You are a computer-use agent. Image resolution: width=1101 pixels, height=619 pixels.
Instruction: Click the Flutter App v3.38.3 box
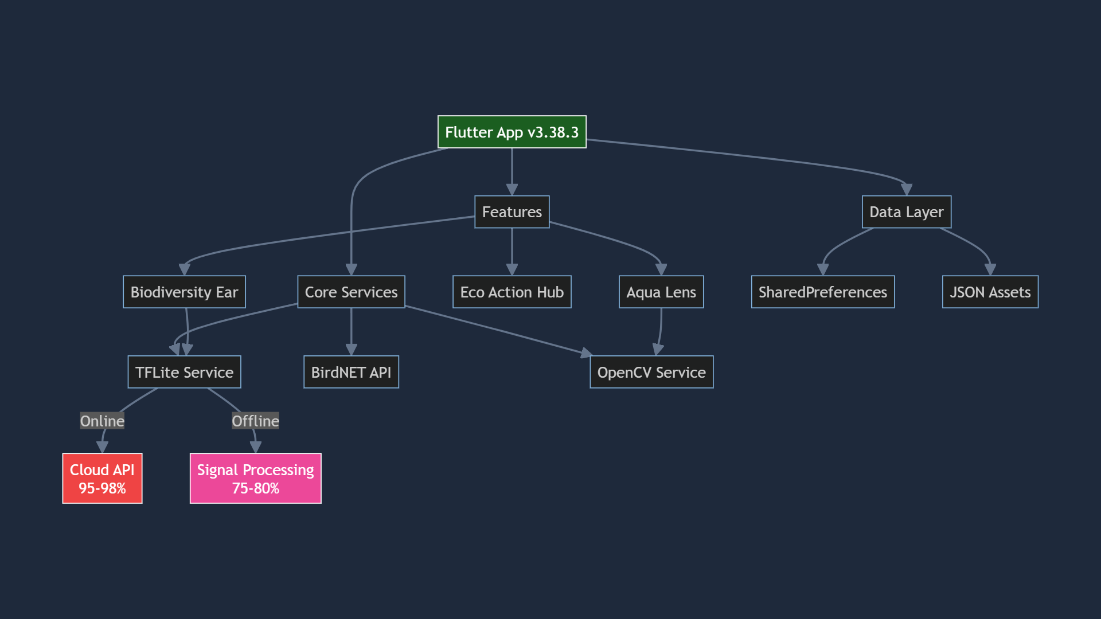(x=512, y=132)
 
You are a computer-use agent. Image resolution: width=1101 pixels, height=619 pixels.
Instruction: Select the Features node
(x=512, y=212)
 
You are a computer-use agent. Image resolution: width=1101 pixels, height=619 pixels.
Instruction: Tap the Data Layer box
(x=906, y=212)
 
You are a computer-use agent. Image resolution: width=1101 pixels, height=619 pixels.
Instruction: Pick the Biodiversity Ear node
(x=184, y=292)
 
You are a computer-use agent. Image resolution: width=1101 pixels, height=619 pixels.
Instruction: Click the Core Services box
(x=351, y=292)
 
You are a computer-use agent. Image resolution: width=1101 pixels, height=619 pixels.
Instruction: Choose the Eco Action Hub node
(x=512, y=292)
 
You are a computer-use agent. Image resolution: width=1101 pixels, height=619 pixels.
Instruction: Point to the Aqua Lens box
(x=661, y=292)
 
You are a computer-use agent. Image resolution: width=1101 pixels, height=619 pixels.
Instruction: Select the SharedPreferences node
(x=822, y=292)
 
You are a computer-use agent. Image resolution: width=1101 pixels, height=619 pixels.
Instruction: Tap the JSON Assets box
(x=990, y=292)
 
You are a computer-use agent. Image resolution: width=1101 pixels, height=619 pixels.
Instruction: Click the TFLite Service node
(x=184, y=373)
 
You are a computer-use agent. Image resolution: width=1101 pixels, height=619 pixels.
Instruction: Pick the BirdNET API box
(x=351, y=373)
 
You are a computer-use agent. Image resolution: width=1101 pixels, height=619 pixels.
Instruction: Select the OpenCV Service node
(x=651, y=373)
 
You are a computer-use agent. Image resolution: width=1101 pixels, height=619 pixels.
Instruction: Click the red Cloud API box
(x=102, y=478)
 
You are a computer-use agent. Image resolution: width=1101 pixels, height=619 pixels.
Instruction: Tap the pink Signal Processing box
(x=255, y=478)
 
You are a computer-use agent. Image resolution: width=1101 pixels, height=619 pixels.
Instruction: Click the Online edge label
(x=102, y=421)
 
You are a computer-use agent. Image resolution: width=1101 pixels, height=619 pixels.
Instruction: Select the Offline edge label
(x=255, y=421)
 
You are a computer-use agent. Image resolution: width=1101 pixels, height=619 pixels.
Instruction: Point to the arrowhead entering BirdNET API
(x=351, y=350)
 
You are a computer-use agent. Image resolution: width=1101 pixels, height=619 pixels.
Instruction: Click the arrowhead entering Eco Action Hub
(x=512, y=269)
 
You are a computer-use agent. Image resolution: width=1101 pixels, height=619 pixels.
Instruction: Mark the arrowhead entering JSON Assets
(x=990, y=269)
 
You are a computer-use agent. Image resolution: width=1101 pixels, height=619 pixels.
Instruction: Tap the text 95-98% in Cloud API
(x=102, y=488)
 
